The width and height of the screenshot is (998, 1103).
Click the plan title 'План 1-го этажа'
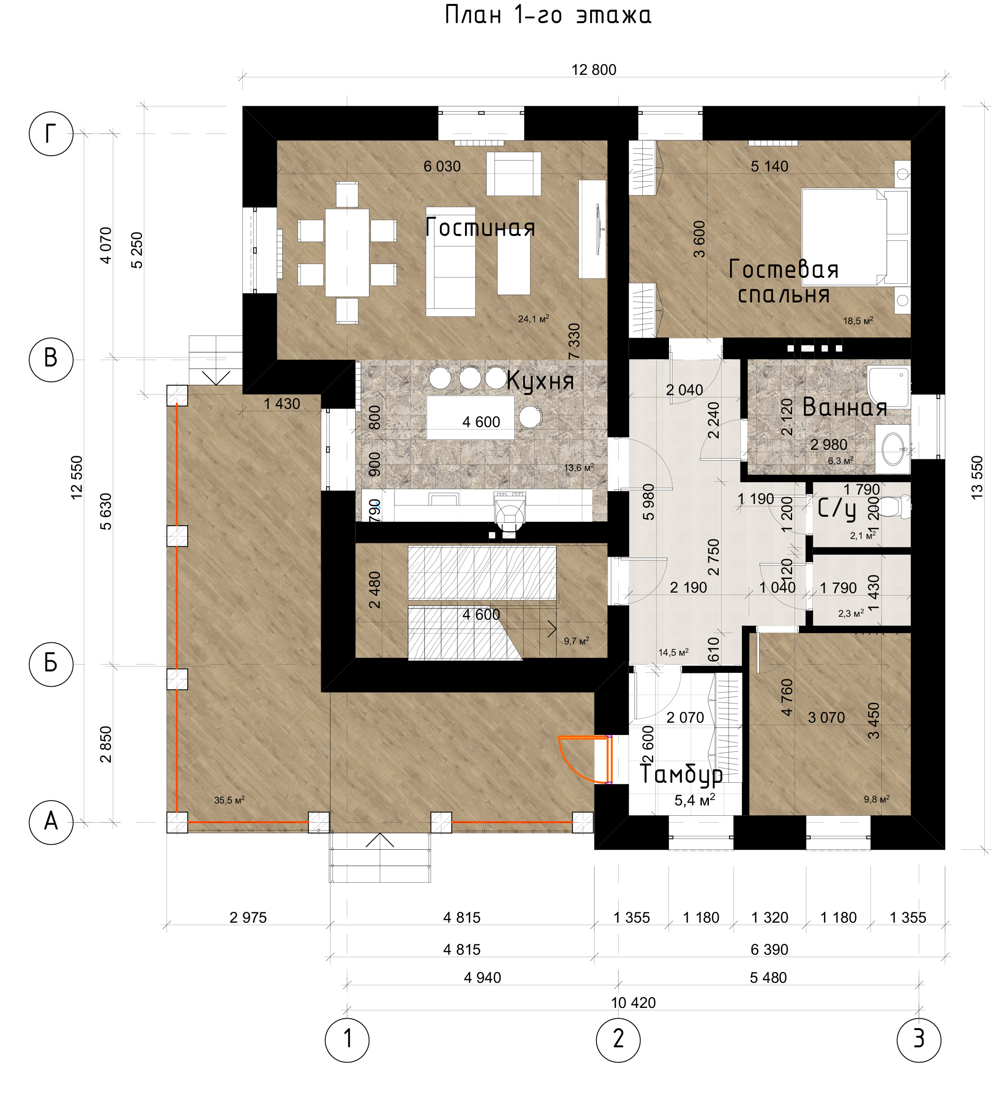548,15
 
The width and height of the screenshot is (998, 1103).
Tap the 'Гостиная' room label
480,227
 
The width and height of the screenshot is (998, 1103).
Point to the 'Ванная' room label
844,407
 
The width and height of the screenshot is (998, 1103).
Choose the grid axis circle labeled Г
51,134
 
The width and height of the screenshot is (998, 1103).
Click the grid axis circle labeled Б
51,664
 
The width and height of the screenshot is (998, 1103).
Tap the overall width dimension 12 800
594,70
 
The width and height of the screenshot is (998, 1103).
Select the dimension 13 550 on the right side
977,477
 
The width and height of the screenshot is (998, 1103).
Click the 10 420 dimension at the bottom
633,1003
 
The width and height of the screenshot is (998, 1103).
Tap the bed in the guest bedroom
855,237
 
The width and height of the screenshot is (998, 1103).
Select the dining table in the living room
347,253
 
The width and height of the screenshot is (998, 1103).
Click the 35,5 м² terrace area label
229,800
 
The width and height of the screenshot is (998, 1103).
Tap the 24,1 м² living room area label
533,318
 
